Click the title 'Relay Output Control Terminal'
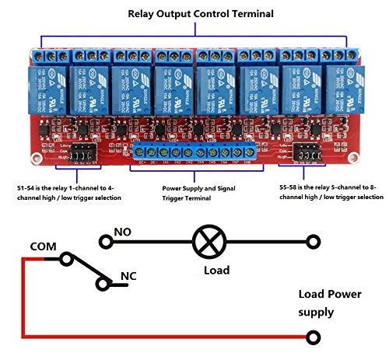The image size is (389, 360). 194,14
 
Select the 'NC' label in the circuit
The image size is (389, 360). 130,276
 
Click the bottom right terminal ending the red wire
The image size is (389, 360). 313,336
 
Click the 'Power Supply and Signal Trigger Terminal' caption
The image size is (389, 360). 199,192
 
